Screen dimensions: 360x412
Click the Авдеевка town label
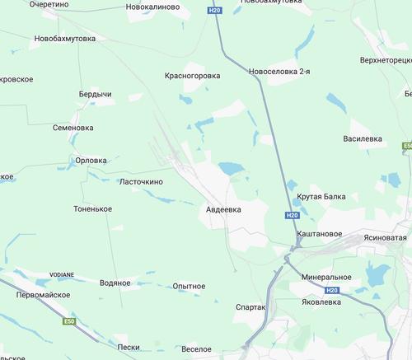coord(223,210)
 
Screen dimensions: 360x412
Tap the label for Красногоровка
coord(193,75)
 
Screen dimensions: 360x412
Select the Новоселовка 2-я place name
coord(279,72)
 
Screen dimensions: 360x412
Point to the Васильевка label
coord(363,138)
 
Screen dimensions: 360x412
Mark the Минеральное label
coord(327,277)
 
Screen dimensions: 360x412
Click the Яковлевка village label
coord(321,302)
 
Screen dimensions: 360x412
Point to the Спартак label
coord(250,306)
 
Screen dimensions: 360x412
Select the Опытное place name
coord(189,286)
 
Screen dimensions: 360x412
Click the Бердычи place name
coord(96,95)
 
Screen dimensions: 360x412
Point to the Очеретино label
coord(49,4)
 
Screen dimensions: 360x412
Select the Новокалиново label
coord(152,6)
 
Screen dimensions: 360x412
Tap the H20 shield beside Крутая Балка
coord(293,215)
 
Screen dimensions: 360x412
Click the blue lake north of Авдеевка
coord(232,169)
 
